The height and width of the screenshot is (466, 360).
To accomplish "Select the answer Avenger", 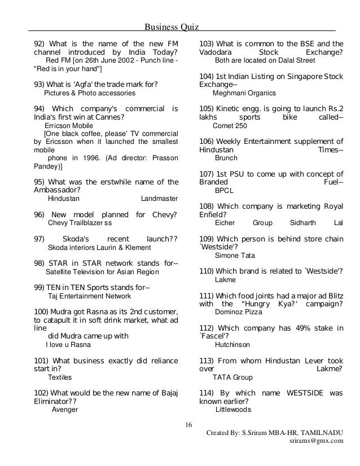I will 64,410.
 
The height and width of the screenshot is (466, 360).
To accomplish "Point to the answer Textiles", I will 60,377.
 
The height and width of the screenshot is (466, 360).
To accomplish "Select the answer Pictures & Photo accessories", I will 90,93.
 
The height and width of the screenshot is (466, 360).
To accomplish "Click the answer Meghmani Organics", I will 244,93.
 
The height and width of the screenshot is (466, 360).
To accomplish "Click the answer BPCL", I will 224,191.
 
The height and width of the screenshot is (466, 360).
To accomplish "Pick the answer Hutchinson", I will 232,344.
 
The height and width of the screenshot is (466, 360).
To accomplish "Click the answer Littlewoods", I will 233,410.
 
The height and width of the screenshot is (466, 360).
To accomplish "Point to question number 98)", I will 40,263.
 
